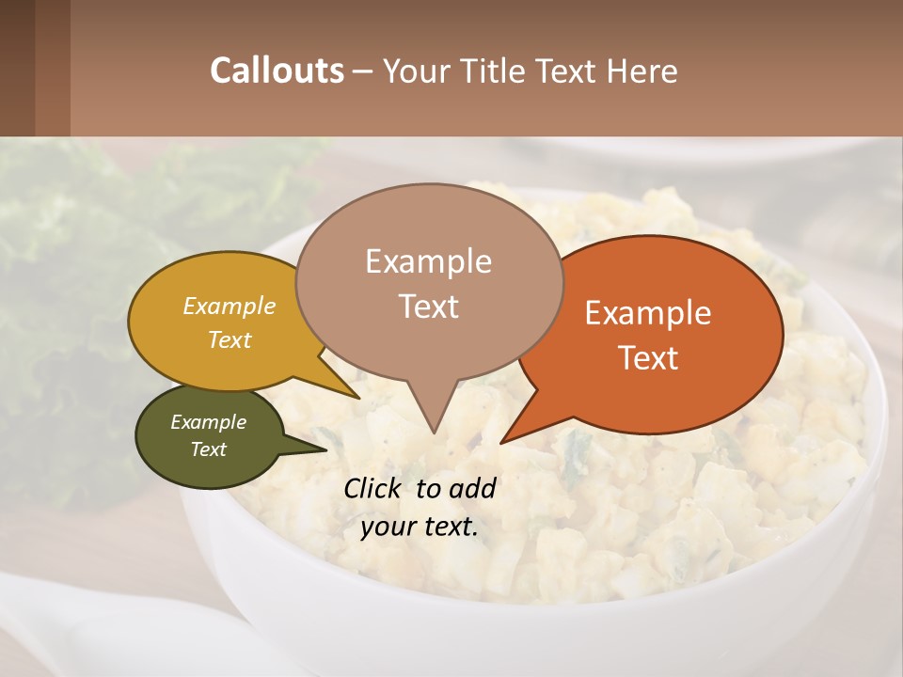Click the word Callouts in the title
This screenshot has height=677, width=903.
tap(277, 71)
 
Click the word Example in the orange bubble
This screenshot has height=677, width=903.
tap(648, 313)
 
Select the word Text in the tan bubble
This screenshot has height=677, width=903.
tap(428, 307)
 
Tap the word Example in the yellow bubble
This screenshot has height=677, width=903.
tap(230, 306)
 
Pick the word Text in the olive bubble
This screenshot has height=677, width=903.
tap(209, 449)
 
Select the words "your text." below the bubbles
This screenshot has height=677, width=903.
tap(420, 527)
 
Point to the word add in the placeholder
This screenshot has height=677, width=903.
tap(472, 488)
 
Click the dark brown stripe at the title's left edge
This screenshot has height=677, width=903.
tap(17, 68)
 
